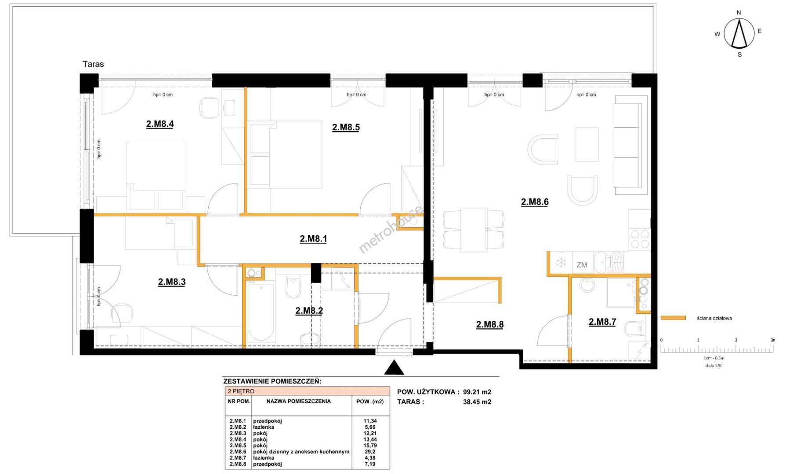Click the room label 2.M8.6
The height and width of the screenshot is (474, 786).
click(x=535, y=202)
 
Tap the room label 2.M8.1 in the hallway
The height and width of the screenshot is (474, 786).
click(x=313, y=239)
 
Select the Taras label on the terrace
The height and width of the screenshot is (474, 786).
click(x=93, y=64)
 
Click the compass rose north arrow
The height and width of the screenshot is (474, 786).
click(x=739, y=34)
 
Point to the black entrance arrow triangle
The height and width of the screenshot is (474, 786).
click(x=394, y=368)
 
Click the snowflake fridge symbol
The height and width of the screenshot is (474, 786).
click(x=561, y=263)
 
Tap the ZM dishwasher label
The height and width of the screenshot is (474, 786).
click(x=582, y=265)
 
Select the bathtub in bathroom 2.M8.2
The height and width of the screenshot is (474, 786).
click(x=261, y=312)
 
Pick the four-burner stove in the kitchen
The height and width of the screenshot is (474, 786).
click(x=639, y=239)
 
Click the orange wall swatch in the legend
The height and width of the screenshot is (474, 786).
click(x=673, y=318)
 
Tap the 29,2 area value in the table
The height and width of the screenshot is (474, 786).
click(x=370, y=452)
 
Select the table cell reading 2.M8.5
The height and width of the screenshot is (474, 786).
click(x=238, y=445)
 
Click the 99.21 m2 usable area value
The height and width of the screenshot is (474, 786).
click(x=477, y=392)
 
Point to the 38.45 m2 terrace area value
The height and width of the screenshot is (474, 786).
click(x=477, y=402)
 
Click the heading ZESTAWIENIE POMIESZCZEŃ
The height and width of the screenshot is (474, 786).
click(x=272, y=381)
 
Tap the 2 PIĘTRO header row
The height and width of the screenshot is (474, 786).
click(x=308, y=391)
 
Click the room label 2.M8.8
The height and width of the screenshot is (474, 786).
click(x=490, y=324)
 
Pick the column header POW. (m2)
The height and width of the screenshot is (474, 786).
click(x=370, y=401)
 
